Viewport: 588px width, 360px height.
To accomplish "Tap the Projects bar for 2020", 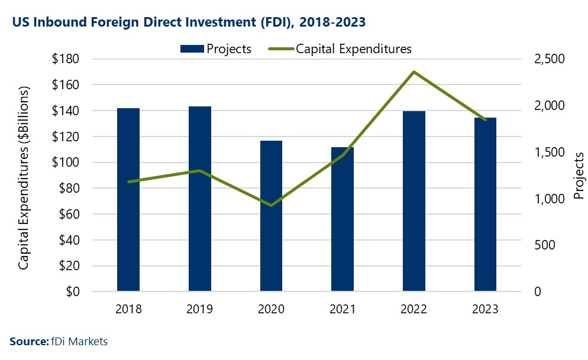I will [272, 216].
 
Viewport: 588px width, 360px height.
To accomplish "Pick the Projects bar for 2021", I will [343, 219].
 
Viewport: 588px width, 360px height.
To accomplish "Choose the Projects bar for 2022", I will [414, 201].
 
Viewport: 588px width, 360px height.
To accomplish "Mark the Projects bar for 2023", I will [485, 205].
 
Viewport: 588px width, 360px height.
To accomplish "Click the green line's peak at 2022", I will [414, 72].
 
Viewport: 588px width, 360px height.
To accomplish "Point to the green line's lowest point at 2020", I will [272, 206].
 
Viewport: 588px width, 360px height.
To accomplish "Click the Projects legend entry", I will [216, 49].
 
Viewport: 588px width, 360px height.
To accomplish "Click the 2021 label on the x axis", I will [343, 309].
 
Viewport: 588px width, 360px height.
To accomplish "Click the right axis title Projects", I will [579, 176].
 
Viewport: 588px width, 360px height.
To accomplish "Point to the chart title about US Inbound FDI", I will [188, 22].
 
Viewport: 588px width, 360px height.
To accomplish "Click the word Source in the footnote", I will [27, 341].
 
